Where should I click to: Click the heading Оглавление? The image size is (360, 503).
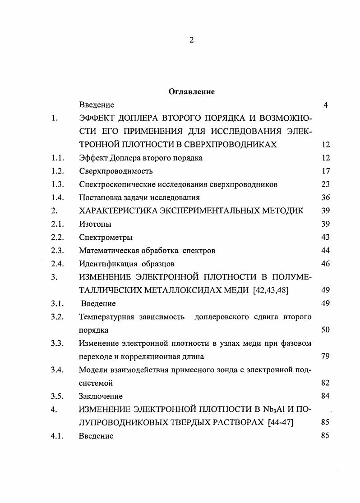pos(191,92)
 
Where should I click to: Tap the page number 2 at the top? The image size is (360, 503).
pos(191,41)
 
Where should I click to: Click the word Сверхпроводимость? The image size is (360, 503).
pos(116,171)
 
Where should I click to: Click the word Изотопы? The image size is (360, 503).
pos(95,224)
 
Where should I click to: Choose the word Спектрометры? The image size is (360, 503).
pos(106,237)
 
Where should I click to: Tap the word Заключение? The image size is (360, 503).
pos(101,396)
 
